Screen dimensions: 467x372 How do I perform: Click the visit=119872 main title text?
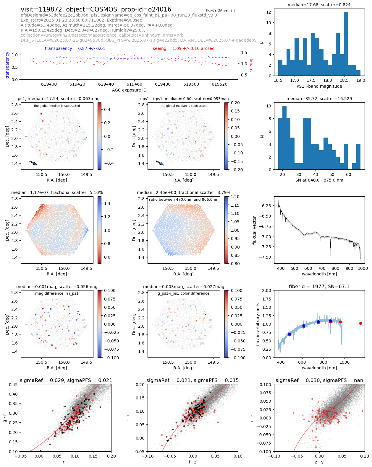coord(96,9)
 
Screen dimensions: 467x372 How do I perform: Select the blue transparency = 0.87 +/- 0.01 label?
coord(75,48)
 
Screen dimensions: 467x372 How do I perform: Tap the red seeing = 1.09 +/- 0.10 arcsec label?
coord(183,48)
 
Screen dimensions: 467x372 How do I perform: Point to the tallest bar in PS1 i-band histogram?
coord(346,44)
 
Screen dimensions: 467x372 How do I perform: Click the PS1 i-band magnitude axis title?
coord(319,86)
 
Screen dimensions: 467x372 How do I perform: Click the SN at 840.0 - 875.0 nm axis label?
coord(319,180)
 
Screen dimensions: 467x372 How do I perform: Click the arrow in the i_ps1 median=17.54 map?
coord(33,163)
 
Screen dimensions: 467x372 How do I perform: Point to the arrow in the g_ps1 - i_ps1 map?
coord(160,163)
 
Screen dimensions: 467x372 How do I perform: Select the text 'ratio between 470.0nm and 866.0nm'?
coord(184,200)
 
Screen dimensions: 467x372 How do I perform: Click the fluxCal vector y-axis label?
coord(254,230)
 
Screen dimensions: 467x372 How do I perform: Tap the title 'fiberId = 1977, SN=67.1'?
coord(319,287)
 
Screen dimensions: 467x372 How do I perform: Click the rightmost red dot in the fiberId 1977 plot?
coord(360,324)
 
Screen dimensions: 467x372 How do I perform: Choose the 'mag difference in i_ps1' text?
coord(57,293)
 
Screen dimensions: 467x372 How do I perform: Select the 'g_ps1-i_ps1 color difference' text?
coord(183,293)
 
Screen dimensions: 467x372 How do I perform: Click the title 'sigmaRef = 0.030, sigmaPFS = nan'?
coord(319,381)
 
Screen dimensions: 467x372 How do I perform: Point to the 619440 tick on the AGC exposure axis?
coord(106,84)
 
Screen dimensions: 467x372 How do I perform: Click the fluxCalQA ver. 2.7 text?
coord(221,11)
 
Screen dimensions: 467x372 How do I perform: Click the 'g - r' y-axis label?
coord(5,418)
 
